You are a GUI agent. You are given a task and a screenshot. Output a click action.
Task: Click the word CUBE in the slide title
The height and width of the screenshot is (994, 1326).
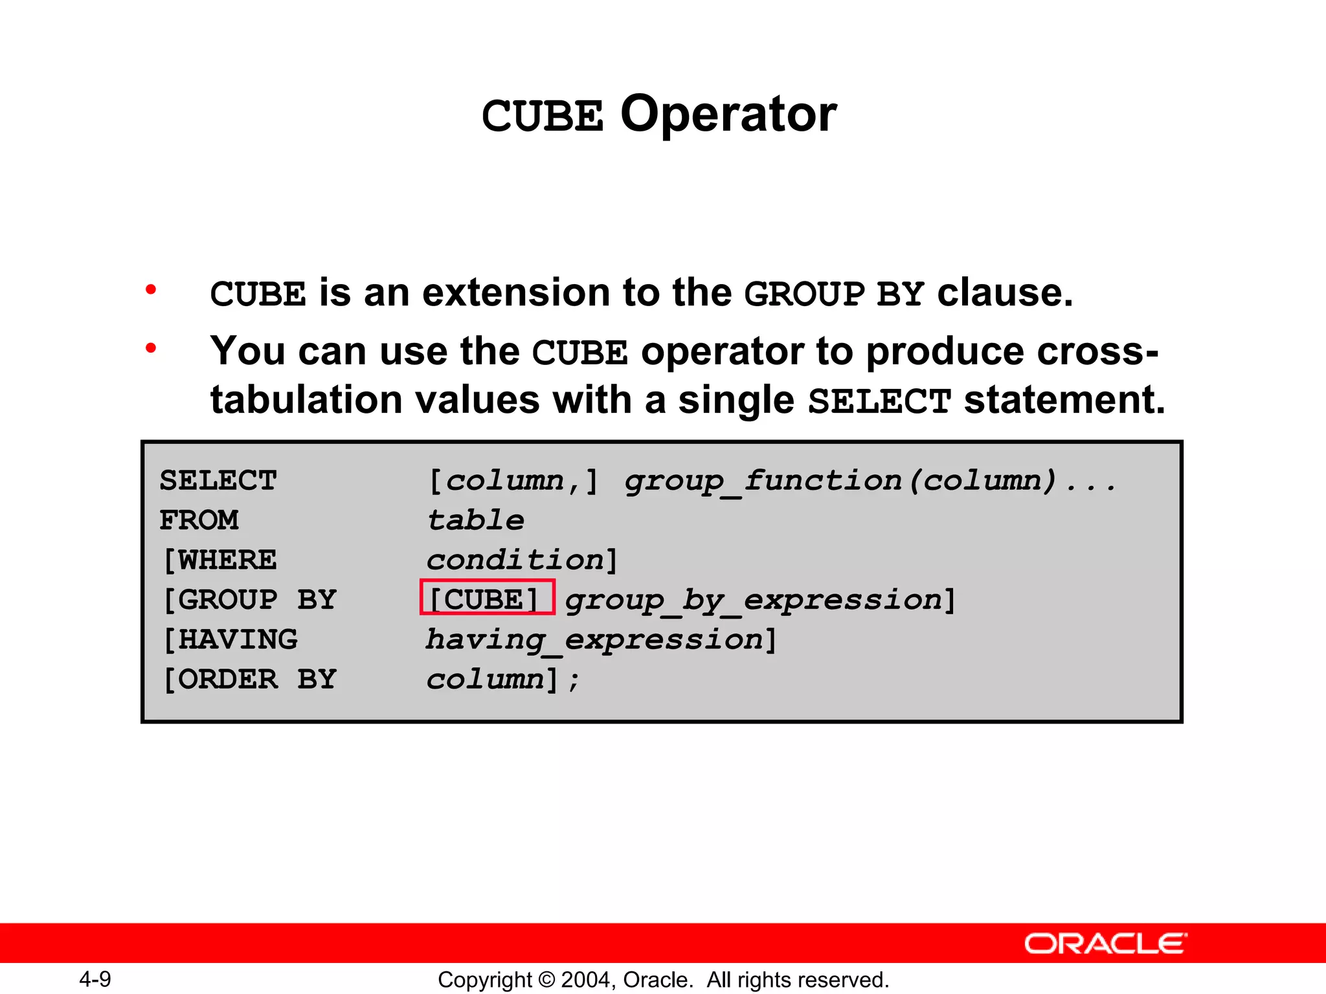click(x=542, y=116)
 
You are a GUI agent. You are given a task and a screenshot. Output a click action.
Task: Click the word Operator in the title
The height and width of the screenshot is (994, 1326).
click(x=728, y=114)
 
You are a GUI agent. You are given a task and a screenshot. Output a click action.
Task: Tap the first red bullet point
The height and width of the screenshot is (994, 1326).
click(x=151, y=289)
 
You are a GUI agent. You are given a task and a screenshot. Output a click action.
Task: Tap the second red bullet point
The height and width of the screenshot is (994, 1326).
click(x=151, y=348)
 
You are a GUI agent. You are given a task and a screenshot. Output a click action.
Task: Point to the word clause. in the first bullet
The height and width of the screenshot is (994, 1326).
click(x=1005, y=293)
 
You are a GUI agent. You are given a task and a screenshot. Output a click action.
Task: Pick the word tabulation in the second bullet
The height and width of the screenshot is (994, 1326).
click(x=310, y=399)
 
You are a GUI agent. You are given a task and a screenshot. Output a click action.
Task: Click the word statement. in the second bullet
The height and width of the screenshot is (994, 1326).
click(x=1064, y=399)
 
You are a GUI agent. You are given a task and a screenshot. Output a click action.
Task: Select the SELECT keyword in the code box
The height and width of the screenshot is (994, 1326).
click(x=218, y=481)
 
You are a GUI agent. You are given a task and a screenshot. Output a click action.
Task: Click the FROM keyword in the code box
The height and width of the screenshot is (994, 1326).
click(x=199, y=520)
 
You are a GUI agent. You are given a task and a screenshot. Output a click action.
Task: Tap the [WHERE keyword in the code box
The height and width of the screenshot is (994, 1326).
click(x=219, y=560)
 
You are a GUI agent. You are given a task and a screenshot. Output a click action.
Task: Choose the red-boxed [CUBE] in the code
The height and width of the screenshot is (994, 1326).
click(x=487, y=598)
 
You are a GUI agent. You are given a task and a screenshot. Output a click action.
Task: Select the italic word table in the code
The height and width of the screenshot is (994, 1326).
click(x=476, y=520)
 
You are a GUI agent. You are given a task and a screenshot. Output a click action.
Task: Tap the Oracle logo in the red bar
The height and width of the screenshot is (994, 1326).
click(x=1105, y=944)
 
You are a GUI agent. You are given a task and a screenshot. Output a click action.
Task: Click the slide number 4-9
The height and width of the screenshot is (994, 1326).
click(x=95, y=979)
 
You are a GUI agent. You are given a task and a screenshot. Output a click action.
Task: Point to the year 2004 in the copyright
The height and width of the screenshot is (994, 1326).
click(x=587, y=980)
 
